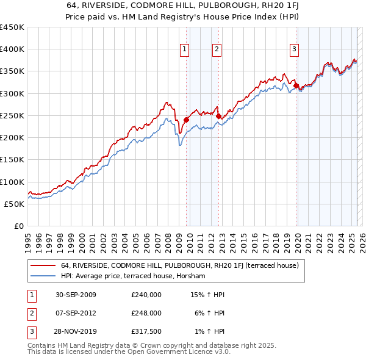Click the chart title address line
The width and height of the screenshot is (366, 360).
click(182, 5)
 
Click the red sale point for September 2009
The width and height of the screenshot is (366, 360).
click(186, 120)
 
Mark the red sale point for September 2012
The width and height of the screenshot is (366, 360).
click(218, 116)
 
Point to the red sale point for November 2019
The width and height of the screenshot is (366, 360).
click(296, 85)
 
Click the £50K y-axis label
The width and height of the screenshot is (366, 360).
click(14, 204)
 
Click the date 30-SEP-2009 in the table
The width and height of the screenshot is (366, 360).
click(76, 295)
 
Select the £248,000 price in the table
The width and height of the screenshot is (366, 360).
click(146, 313)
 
